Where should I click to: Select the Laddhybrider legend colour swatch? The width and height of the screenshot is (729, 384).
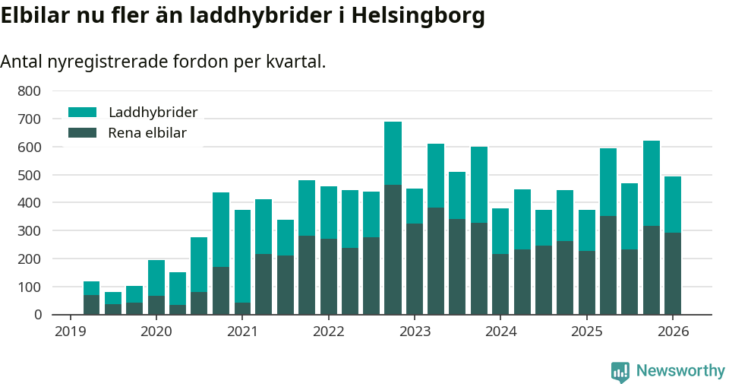(83, 113)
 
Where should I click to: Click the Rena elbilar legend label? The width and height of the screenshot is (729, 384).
(147, 133)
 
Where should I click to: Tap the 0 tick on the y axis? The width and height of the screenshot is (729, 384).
(36, 315)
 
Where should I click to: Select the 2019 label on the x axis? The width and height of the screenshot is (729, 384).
(70, 332)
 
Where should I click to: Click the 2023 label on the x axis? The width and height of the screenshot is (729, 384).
(415, 332)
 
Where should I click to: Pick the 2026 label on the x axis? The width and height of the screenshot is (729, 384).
(673, 332)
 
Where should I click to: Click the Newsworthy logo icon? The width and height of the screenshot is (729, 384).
(620, 371)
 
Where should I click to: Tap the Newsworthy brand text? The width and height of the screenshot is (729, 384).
(680, 371)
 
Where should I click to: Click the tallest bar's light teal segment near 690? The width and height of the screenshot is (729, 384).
(393, 153)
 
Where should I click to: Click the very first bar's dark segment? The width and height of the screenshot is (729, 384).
(91, 305)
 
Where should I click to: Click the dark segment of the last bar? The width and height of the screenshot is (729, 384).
(673, 274)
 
